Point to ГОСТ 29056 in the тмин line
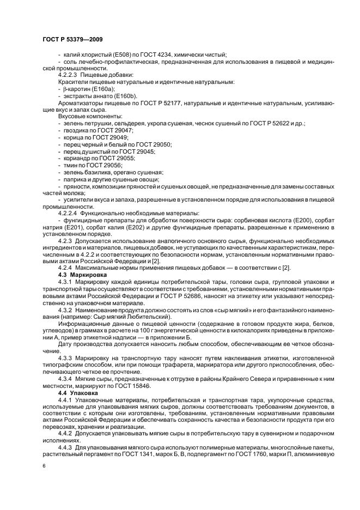click(x=107, y=165)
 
